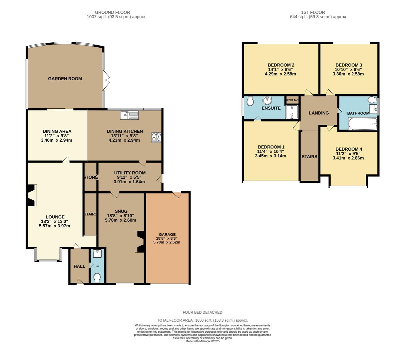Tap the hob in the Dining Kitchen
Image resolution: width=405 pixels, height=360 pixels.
tap(156, 138)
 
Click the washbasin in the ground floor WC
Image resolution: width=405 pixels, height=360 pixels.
tap(97, 254)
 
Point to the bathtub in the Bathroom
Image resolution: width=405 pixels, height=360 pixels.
tap(362, 124)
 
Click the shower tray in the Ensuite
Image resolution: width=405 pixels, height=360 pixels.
tap(292, 112)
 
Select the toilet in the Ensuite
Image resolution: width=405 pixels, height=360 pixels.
tap(249, 101)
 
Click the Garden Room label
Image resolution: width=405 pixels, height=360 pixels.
tap(65, 79)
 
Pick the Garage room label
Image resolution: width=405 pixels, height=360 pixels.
tap(167, 234)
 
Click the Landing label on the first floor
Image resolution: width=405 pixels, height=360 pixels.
tap(319, 113)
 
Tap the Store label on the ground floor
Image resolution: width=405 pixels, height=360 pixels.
tap(91, 177)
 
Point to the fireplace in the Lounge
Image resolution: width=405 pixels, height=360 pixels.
tap(32, 196)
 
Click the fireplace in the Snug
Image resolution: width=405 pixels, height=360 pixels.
tap(140, 242)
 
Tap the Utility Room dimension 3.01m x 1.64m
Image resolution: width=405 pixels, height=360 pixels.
tap(130, 182)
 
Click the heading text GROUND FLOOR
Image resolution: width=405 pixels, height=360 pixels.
tap(113, 12)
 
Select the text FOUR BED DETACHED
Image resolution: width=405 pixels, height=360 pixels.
tap(202, 312)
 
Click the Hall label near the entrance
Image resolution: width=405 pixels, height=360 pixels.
tap(79, 266)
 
